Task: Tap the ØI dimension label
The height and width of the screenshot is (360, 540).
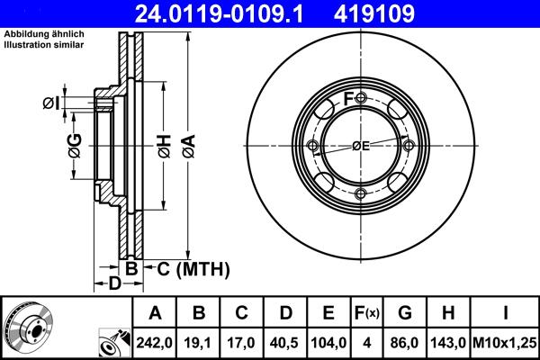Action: click(x=51, y=103)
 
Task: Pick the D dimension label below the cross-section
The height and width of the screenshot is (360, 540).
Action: click(x=113, y=285)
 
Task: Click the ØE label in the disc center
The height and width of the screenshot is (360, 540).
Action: click(x=361, y=146)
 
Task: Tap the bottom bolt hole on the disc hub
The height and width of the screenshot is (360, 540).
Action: click(x=361, y=194)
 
